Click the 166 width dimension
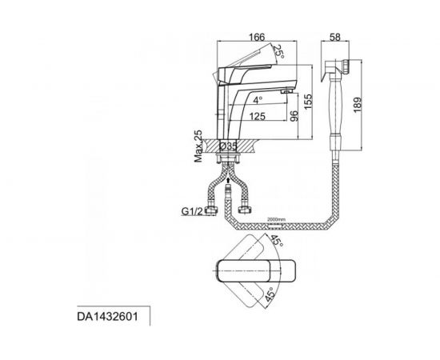coord(257,37)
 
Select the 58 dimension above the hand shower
coord(334,37)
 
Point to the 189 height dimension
coord(358,105)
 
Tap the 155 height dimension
coord(308,102)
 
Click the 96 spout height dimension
coord(294,116)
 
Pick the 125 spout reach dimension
coord(257,116)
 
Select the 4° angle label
coord(258,100)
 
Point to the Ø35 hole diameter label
coord(228,146)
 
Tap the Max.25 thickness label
coord(198,146)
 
